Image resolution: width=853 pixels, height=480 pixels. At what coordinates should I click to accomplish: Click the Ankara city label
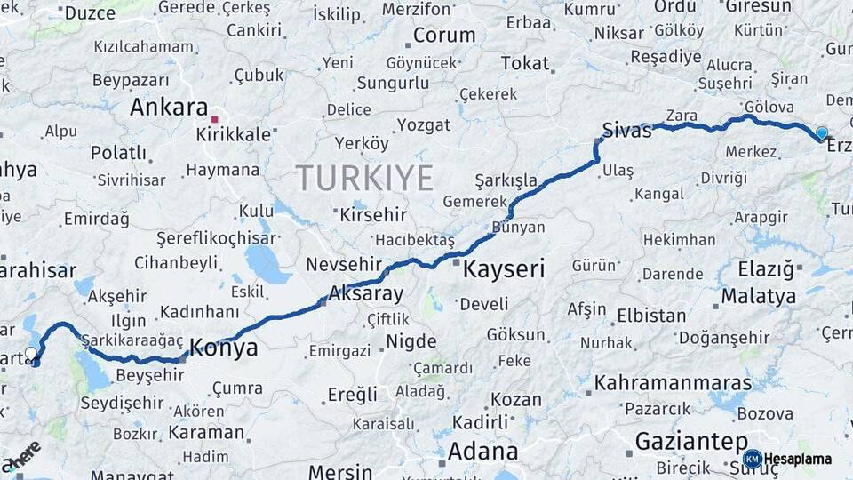pos(169,108)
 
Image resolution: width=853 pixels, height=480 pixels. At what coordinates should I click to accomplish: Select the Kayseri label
pos(504,268)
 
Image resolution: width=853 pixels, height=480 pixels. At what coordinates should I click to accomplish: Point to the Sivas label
pos(627,130)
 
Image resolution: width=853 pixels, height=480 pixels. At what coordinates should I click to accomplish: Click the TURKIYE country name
pos(364,178)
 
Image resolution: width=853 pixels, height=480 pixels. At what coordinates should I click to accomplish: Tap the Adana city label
pos(482,451)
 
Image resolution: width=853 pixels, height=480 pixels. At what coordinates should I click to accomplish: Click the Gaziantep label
pos(691,442)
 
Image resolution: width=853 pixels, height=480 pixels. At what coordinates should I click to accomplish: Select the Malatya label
pos(758,296)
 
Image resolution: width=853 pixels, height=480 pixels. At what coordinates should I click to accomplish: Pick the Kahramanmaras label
pos(673,384)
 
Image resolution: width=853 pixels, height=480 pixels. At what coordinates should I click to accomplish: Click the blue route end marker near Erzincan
pos(821,133)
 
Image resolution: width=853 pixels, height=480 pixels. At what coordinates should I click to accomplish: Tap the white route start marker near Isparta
pos(31,354)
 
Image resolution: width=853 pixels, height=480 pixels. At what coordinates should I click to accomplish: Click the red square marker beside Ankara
pos(214,116)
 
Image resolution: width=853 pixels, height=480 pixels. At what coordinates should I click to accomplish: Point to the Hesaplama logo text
pos(798,460)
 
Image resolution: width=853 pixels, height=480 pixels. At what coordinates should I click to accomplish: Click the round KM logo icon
pos(752,459)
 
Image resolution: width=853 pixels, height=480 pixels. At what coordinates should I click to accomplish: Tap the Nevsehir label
pos(343,264)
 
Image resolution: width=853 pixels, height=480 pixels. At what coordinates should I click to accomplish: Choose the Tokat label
pos(525,63)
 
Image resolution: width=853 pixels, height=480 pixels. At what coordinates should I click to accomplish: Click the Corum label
pos(444,36)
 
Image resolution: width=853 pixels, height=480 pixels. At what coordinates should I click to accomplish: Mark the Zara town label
pos(682,116)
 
